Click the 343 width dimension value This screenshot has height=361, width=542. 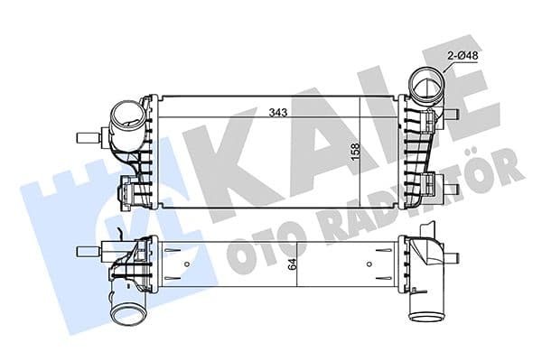(x=276, y=113)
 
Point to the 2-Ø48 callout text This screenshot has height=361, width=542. (x=463, y=56)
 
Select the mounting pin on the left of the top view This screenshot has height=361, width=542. (x=88, y=138)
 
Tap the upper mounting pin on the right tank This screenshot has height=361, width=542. (x=453, y=115)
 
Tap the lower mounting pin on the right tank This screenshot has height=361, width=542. (x=453, y=188)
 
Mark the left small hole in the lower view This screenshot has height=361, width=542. (x=185, y=264)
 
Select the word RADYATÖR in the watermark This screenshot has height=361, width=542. (x=425, y=194)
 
